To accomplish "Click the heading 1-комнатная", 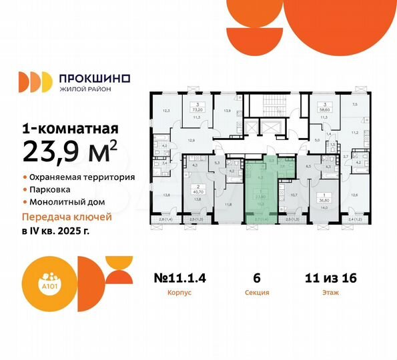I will coord(71,129).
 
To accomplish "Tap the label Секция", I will coord(261,292).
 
